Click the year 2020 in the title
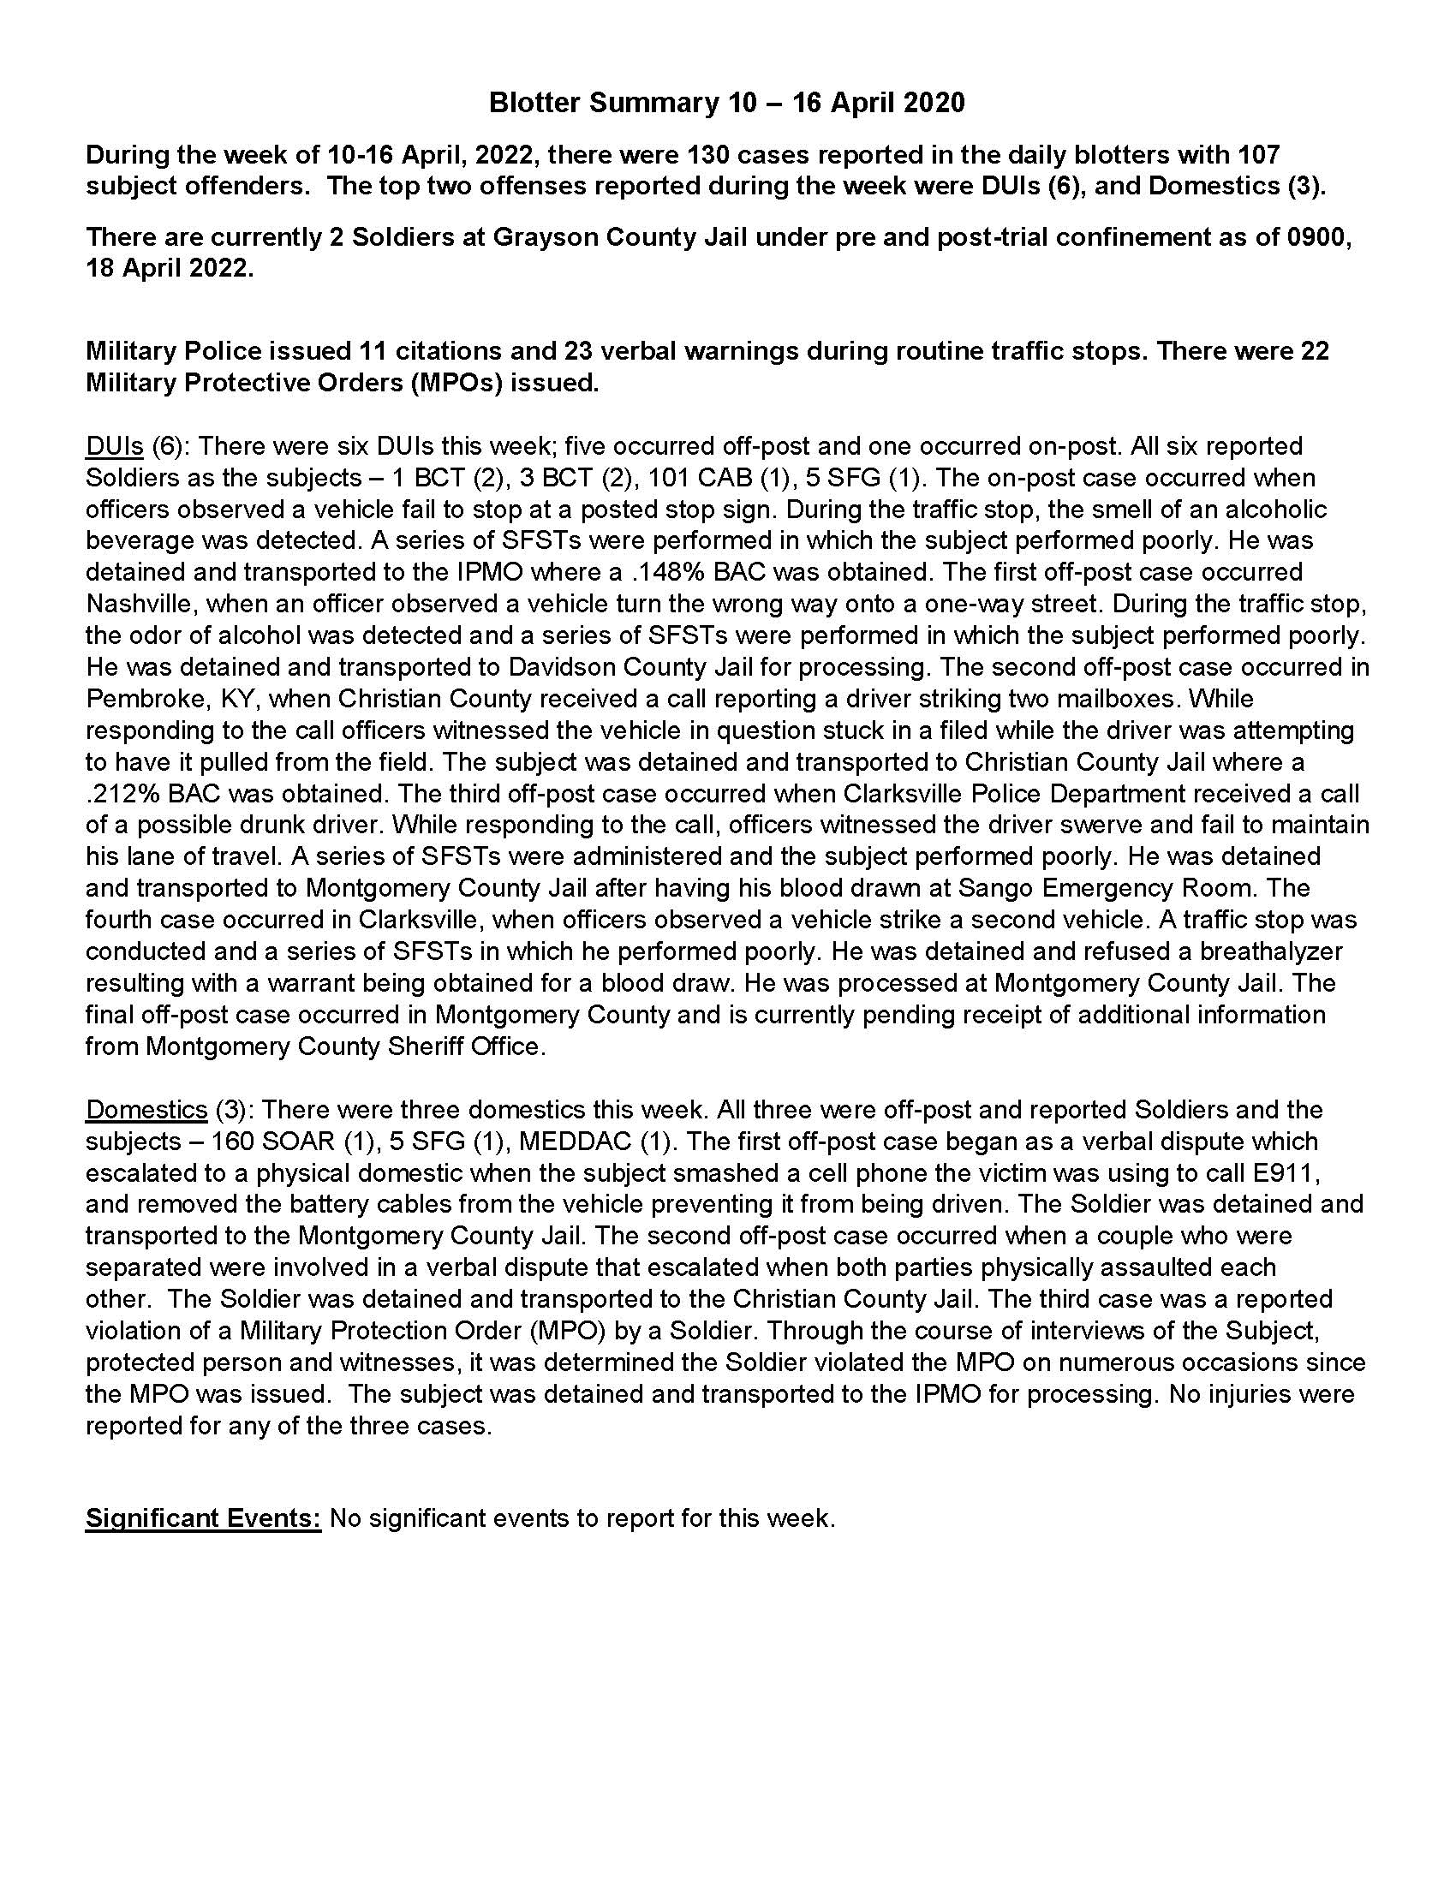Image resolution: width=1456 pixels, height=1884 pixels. coord(933,103)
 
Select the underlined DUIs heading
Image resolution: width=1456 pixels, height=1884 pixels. coord(114,446)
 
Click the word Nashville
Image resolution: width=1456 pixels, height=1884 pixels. coord(137,604)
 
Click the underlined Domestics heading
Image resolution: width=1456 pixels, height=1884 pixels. coord(146,1109)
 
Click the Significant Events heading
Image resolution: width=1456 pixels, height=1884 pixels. coord(203,1517)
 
